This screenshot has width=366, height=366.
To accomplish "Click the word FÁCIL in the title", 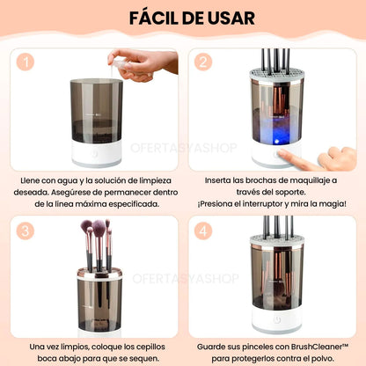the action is coord(154,18).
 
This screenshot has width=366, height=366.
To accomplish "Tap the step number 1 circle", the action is coord(26,62).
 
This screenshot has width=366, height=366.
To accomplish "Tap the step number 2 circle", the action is coord(203,62).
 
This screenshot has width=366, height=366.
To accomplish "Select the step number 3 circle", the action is coord(26,231).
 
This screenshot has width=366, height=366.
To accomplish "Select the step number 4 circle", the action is coord(203,231).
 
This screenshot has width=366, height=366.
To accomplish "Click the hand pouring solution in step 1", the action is coord(143,64).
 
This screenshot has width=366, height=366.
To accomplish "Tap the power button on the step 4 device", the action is coord(276,319).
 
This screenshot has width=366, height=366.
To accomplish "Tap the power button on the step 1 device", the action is coord(94,153).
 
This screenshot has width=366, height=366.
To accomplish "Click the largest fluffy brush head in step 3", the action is coord(99,227).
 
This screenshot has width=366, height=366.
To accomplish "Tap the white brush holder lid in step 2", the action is coord(277,76).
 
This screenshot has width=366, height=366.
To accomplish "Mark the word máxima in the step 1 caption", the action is coord(91,204).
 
